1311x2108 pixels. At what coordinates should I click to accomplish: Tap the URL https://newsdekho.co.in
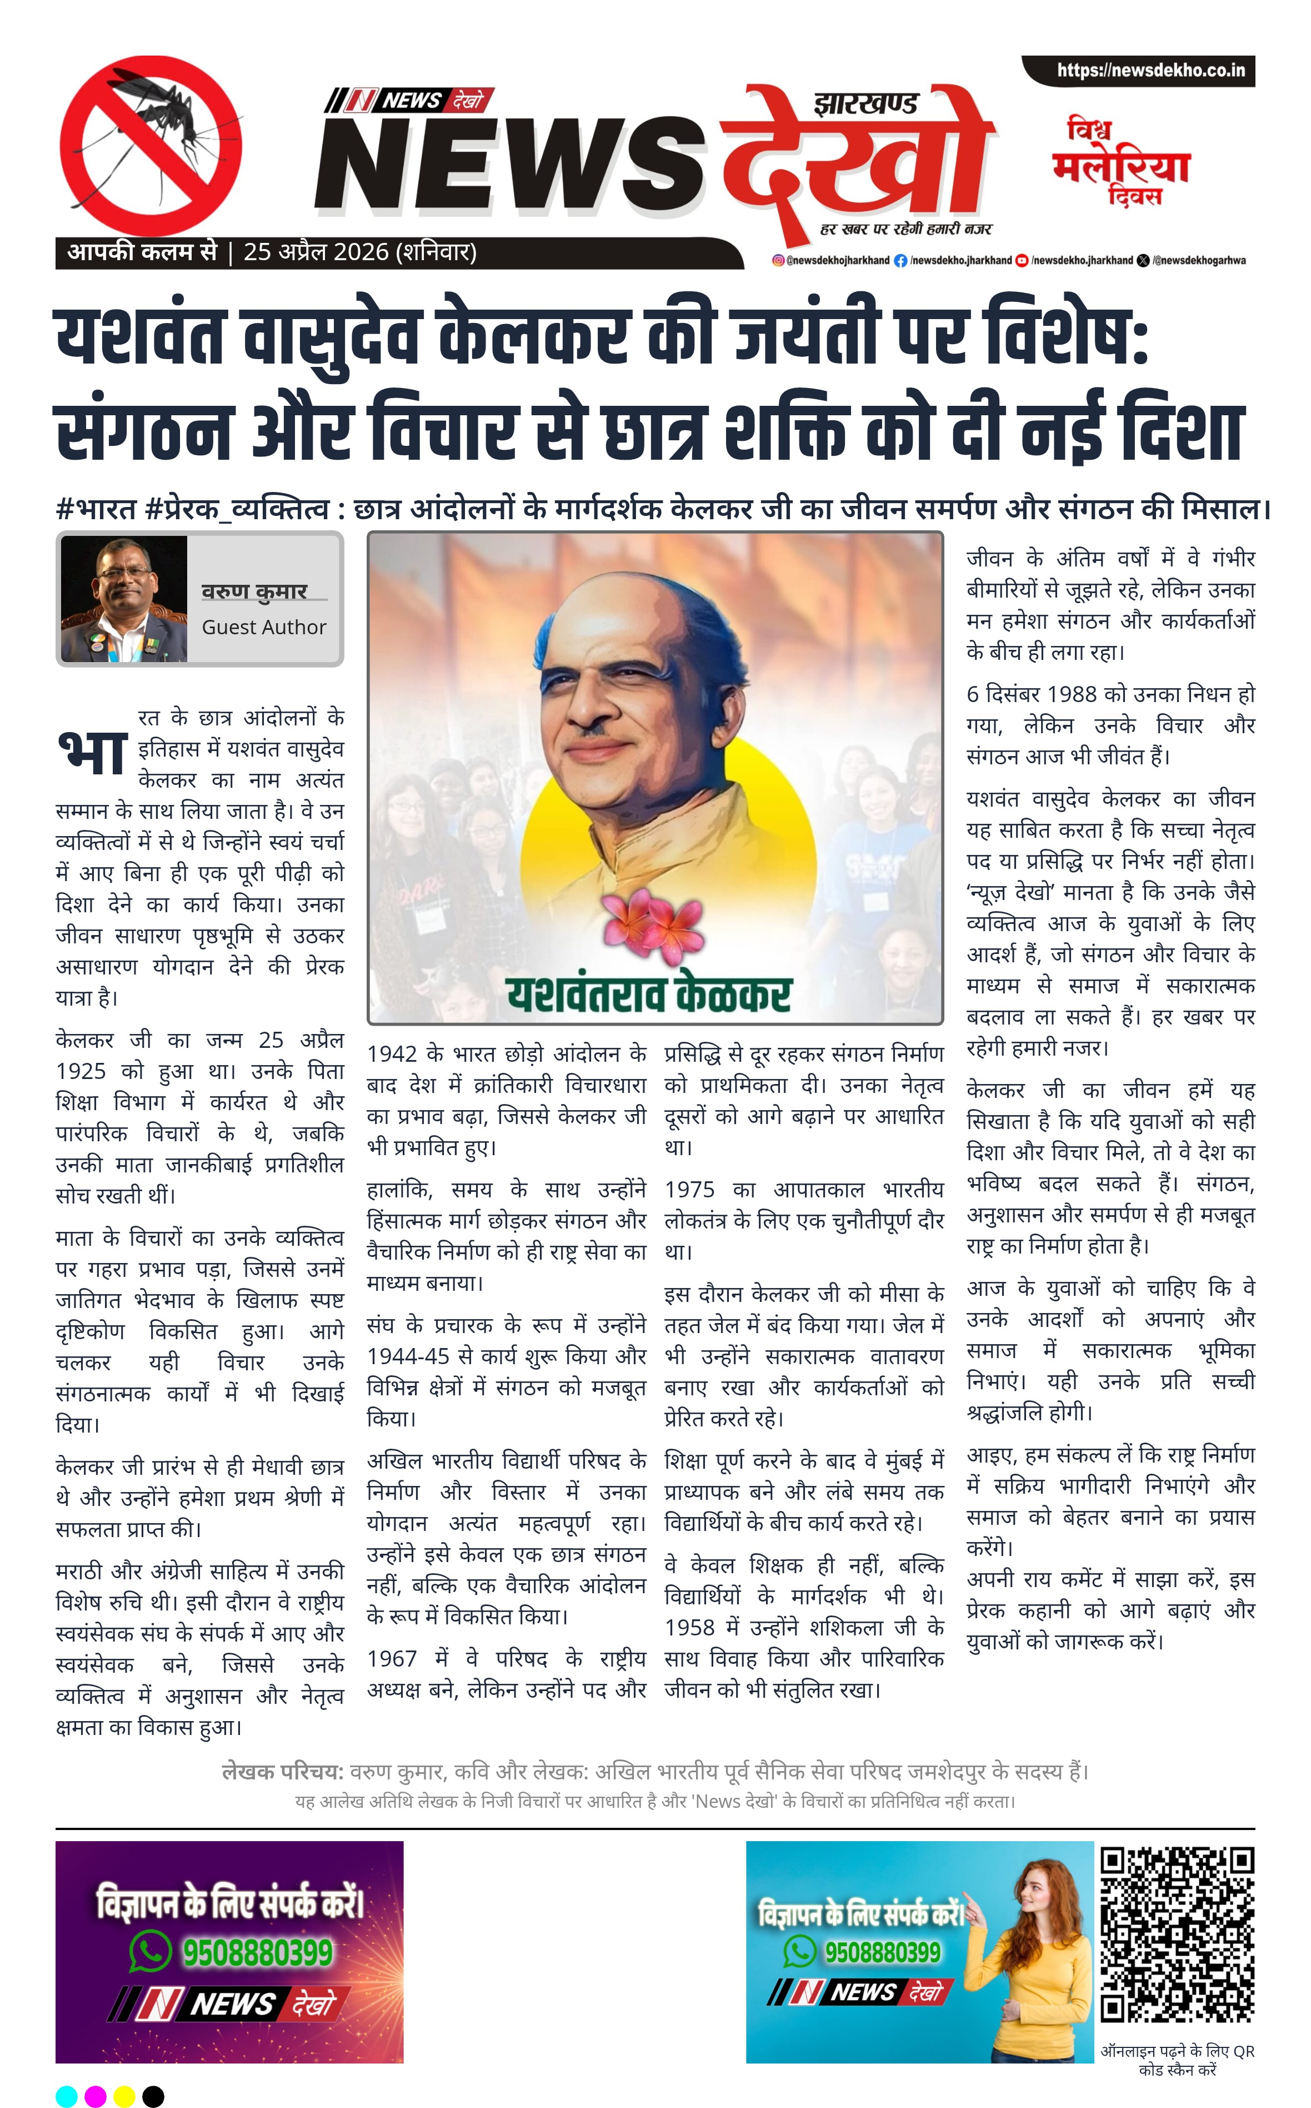coord(1150,70)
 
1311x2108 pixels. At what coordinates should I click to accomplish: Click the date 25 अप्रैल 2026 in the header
coord(316,252)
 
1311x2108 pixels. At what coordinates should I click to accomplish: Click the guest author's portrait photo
coord(124,599)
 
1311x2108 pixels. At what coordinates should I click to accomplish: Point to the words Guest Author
coord(263,627)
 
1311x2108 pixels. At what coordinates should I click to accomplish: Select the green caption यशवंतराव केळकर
coord(649,993)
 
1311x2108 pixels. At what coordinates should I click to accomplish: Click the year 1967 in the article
coord(392,1659)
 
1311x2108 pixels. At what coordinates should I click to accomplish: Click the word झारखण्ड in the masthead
coord(865,105)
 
